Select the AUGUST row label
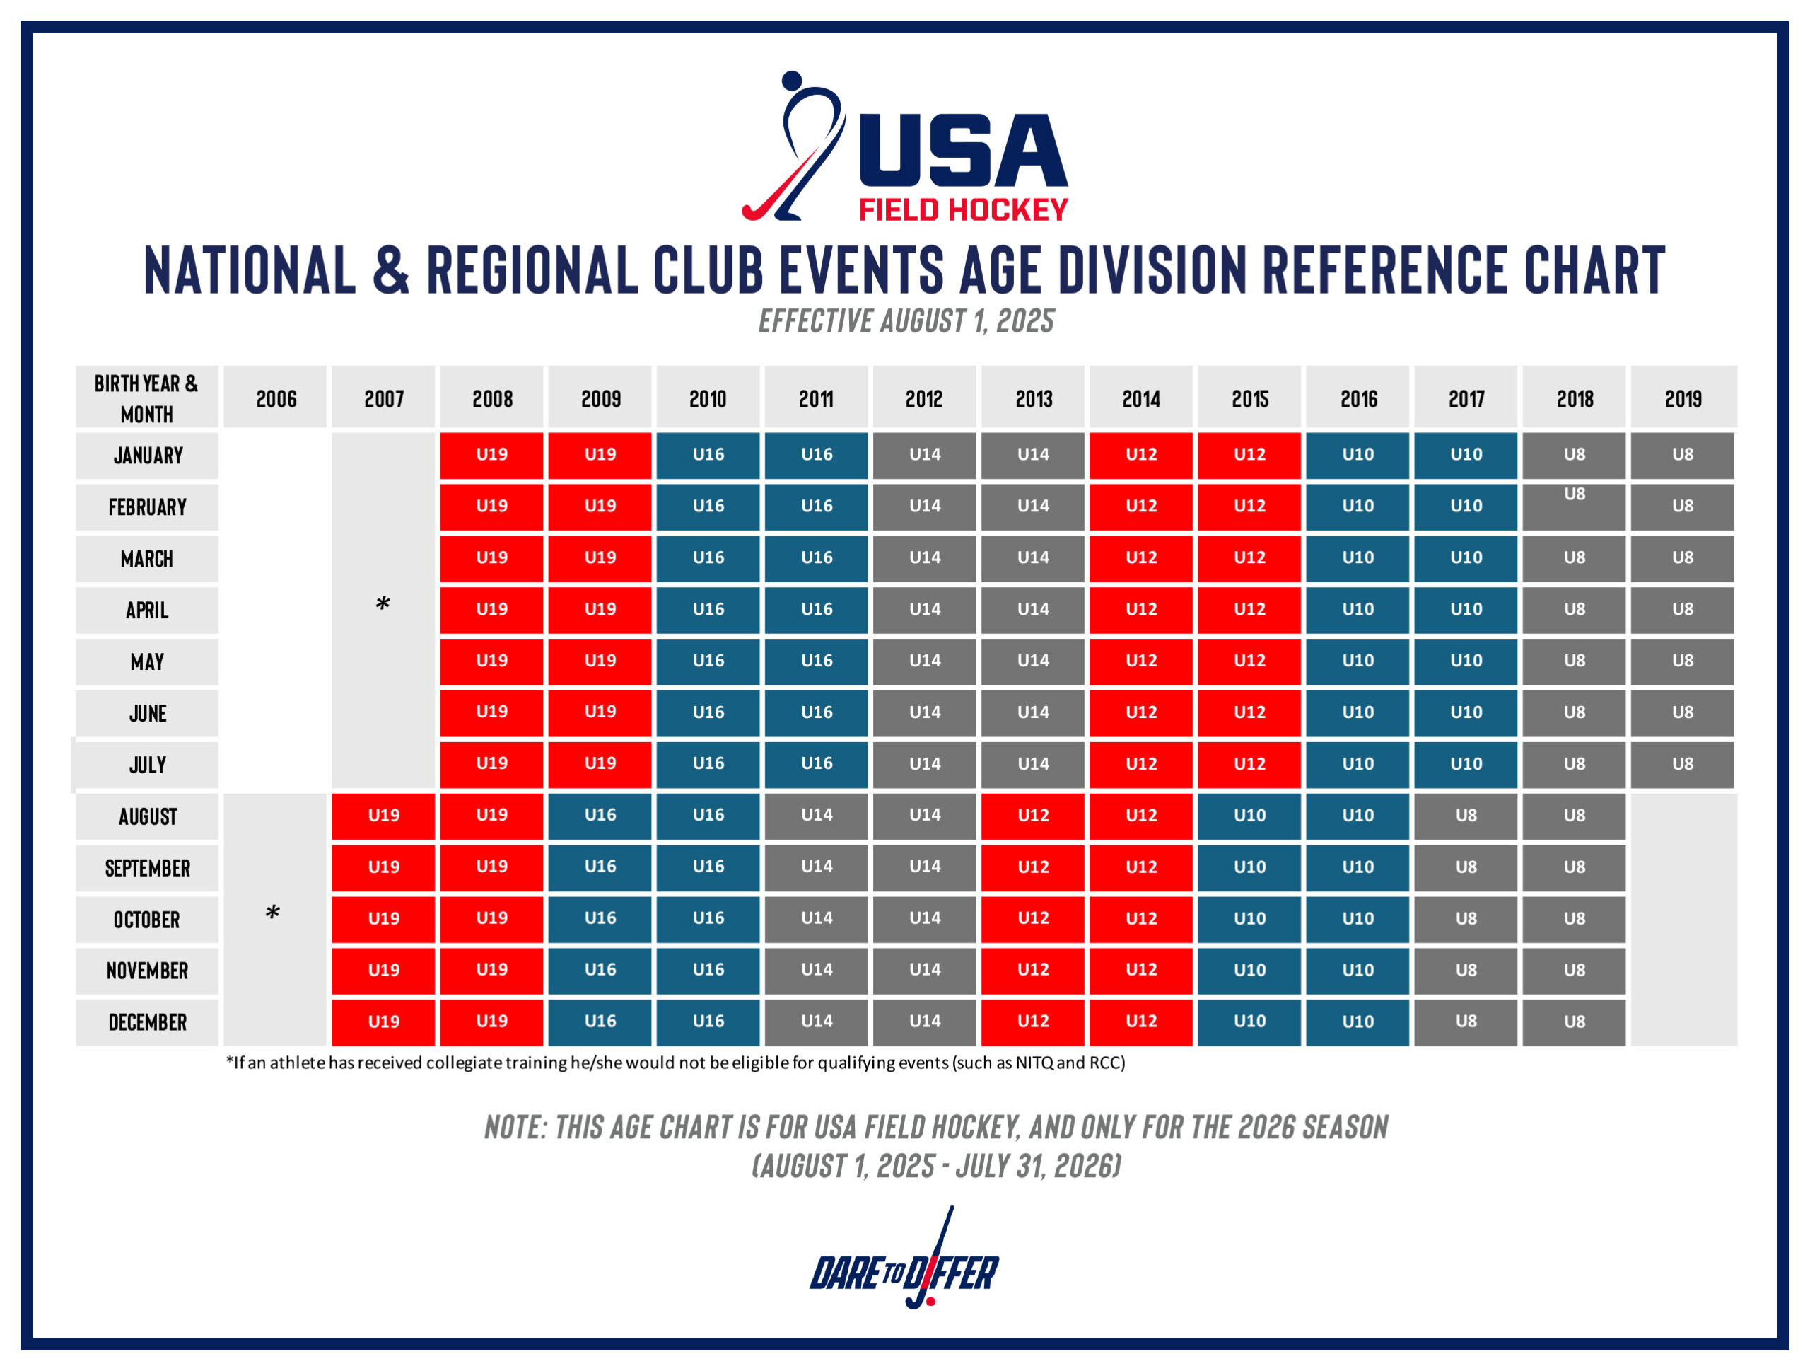[147, 816]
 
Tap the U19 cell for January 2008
[492, 455]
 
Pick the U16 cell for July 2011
[817, 763]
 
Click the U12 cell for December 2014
[1140, 1022]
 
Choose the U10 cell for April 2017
[1466, 610]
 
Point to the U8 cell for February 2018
[1574, 506]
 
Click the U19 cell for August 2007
[383, 816]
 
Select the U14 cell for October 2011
[817, 918]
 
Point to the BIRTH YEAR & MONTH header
[146, 398]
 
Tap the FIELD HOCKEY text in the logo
[963, 210]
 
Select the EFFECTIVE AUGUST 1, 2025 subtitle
[906, 321]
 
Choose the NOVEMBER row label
[147, 971]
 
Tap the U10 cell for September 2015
[1249, 867]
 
